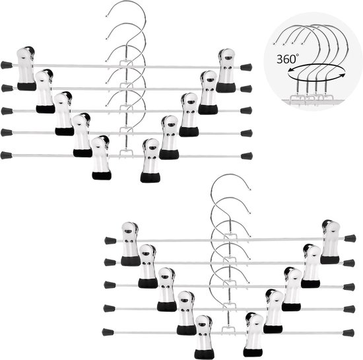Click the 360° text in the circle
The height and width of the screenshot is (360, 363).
click(x=288, y=59)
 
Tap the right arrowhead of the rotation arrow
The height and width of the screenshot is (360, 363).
click(x=343, y=75)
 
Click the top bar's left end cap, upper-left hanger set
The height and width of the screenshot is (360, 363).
click(x=7, y=65)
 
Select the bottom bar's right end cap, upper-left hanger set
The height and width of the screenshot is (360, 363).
click(x=247, y=156)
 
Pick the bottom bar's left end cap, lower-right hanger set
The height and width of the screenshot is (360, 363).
click(x=108, y=332)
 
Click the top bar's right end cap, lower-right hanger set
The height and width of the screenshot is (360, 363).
click(x=350, y=238)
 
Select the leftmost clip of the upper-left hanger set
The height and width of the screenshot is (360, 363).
click(x=26, y=69)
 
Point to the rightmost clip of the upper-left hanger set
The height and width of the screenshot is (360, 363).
click(x=225, y=71)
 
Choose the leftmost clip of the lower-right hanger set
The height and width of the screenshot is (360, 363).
click(x=130, y=244)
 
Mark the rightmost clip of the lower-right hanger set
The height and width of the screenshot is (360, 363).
click(x=331, y=242)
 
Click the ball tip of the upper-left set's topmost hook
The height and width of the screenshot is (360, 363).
click(x=107, y=17)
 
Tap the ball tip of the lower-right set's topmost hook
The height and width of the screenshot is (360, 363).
click(x=250, y=190)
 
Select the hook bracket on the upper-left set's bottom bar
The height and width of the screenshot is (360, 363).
click(x=126, y=153)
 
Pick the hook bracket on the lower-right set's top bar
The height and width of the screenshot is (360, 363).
click(x=230, y=236)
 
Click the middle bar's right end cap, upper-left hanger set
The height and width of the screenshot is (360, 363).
click(x=246, y=110)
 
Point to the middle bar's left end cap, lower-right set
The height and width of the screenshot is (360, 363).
click(x=110, y=285)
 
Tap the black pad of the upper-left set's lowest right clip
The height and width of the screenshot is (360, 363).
click(x=150, y=177)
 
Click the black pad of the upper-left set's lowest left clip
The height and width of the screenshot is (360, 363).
click(x=102, y=175)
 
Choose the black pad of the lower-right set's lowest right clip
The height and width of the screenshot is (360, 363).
click(x=253, y=352)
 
